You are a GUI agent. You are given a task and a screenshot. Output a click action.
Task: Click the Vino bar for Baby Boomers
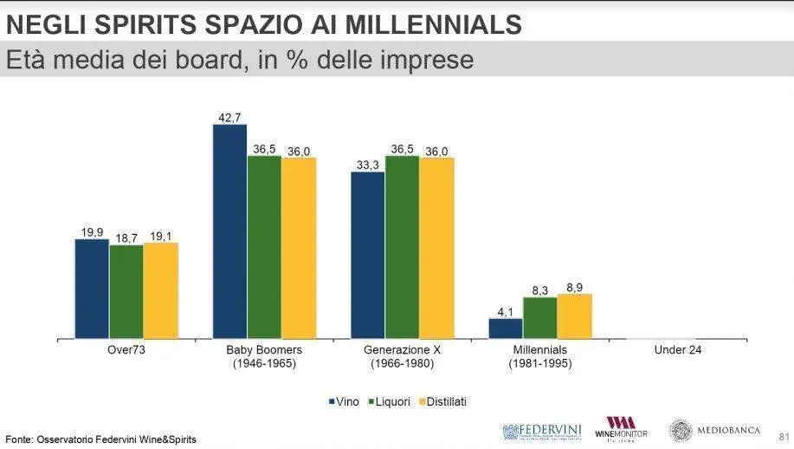point(229,231)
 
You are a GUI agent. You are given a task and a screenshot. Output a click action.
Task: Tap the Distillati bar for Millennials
point(574,316)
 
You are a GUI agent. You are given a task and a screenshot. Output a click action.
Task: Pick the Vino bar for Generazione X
point(367,255)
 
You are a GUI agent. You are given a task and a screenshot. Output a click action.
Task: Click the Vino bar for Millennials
point(506,328)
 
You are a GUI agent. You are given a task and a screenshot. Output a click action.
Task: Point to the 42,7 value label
point(229,117)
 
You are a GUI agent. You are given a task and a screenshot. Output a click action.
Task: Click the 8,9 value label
point(574,287)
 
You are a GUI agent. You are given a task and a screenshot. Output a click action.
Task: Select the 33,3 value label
point(367,165)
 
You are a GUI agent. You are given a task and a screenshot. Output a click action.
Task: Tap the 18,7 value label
point(126,238)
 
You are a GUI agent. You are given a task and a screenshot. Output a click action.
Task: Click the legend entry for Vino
point(344,402)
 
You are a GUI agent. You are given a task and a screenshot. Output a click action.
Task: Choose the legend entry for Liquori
point(390,402)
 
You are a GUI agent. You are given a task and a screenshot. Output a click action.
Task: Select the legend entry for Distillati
point(442,402)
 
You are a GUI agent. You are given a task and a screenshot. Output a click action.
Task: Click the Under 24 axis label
point(678,350)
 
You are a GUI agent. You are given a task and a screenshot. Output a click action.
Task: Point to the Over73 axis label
point(126,350)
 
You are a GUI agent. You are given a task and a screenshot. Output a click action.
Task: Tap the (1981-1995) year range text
point(540,364)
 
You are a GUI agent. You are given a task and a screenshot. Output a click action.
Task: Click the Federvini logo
point(541,431)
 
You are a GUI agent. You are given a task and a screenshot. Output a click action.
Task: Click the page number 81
point(784,434)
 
